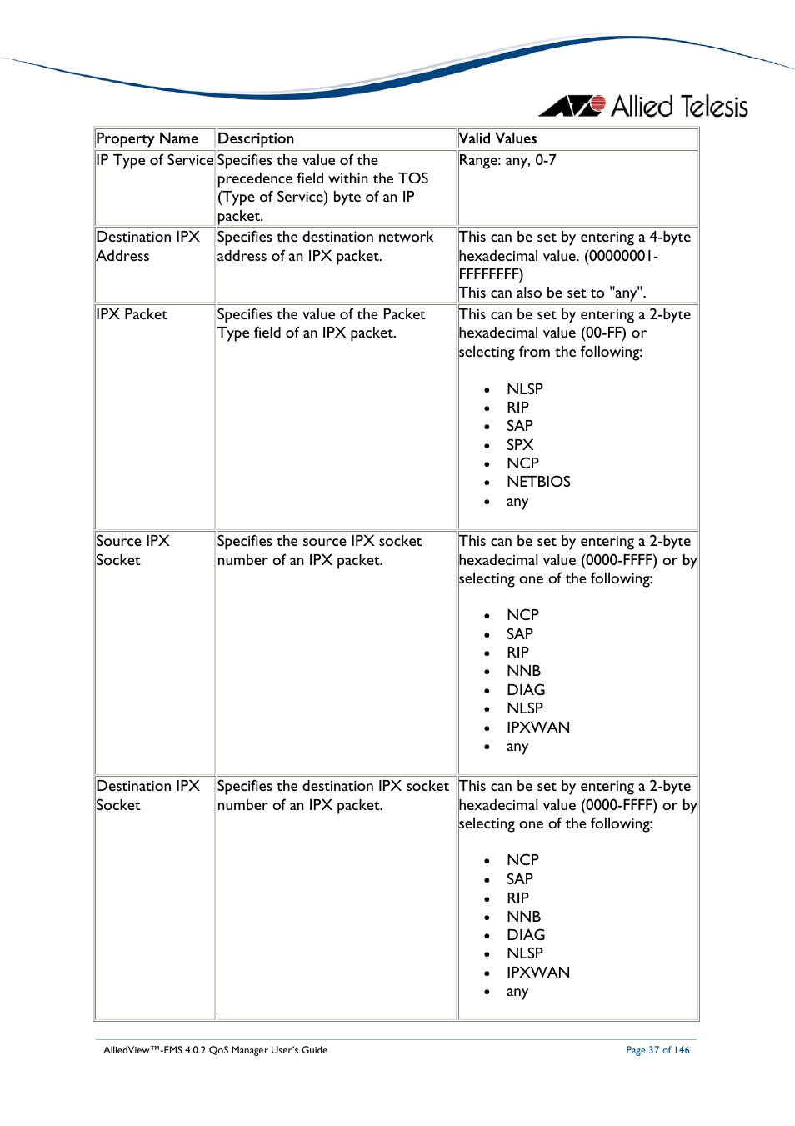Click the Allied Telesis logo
(x=643, y=107)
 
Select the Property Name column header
(x=147, y=138)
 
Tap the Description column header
(x=255, y=138)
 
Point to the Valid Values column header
(x=497, y=138)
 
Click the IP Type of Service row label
(x=154, y=160)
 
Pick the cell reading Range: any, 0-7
(x=507, y=160)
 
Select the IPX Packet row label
(x=132, y=314)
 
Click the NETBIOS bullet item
(x=538, y=482)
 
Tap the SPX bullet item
(x=520, y=445)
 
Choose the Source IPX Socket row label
(x=132, y=550)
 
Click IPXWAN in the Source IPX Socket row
(x=538, y=728)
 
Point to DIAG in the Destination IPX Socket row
(x=526, y=935)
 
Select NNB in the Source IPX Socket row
(x=523, y=671)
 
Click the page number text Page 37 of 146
(x=657, y=1050)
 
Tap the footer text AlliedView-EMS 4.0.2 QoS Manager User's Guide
(x=215, y=1050)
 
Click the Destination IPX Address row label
(x=147, y=247)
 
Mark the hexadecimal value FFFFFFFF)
(x=491, y=274)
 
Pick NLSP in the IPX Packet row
(x=524, y=389)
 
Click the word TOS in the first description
(x=413, y=178)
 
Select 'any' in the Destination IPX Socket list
(x=517, y=992)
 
